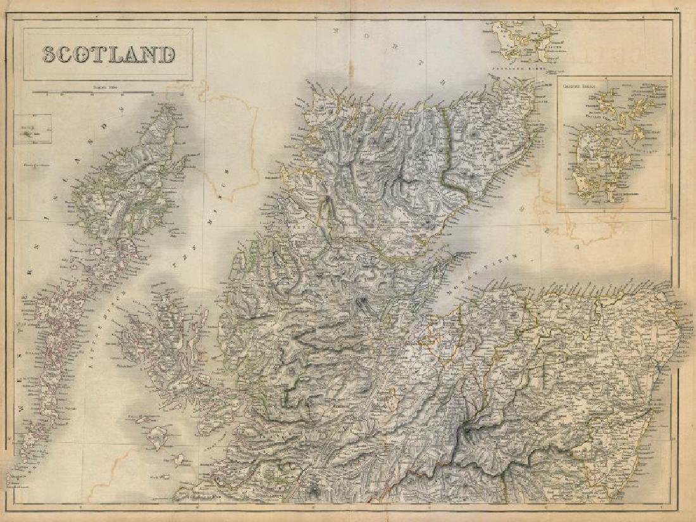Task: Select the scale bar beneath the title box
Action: pyautogui.click(x=108, y=92)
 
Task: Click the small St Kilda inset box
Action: pyautogui.click(x=28, y=129)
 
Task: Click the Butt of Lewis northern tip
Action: pyautogui.click(x=170, y=106)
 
